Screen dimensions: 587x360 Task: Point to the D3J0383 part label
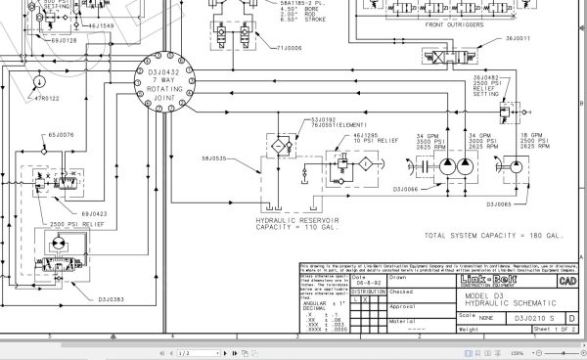click(x=113, y=289)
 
